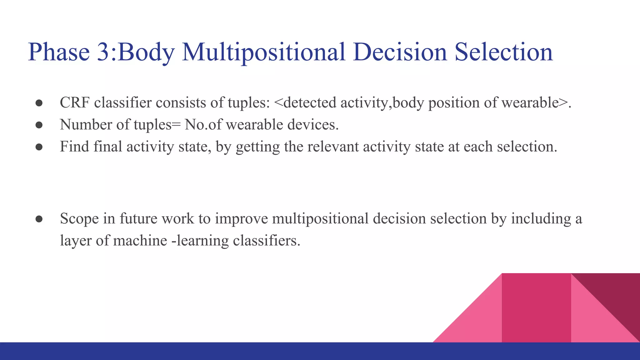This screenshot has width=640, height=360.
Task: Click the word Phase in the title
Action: pyautogui.click(x=59, y=52)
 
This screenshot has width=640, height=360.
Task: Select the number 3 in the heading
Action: pyautogui.click(x=103, y=52)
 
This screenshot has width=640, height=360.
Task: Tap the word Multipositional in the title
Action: pyautogui.click(x=263, y=52)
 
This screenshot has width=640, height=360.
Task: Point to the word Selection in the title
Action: pyautogui.click(x=503, y=52)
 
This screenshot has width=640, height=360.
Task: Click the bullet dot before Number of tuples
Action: pyautogui.click(x=39, y=125)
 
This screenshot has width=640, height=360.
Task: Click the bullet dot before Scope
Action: pyautogui.click(x=39, y=219)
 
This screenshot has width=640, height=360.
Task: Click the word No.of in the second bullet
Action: pyautogui.click(x=203, y=125)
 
